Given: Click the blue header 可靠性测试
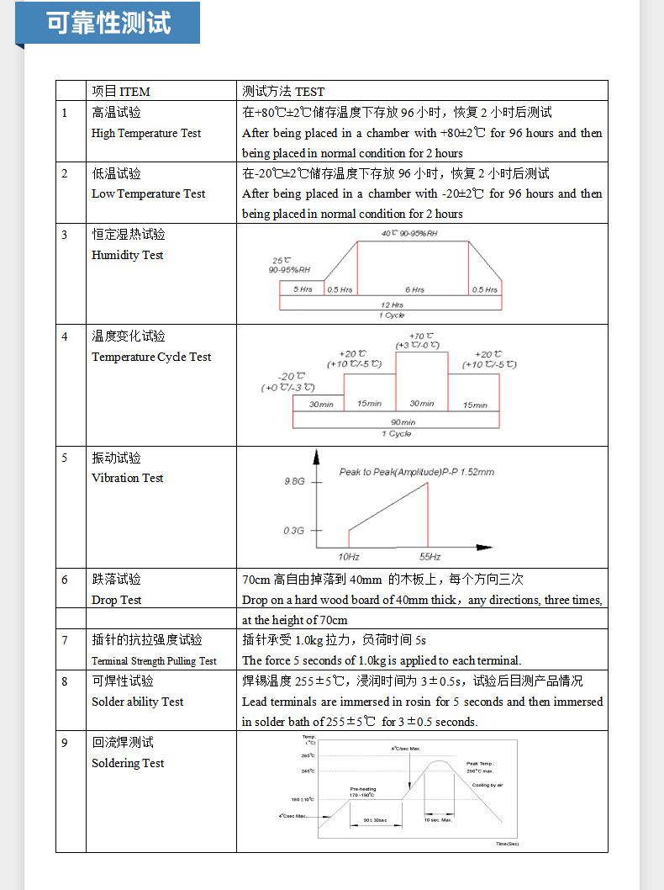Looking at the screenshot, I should (x=108, y=23).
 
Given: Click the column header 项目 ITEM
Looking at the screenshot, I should (x=121, y=91).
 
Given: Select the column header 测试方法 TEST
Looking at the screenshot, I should (x=282, y=91).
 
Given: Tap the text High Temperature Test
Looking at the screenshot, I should (x=146, y=133).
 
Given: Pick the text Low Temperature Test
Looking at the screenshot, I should (x=148, y=193).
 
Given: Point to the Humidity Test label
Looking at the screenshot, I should (x=128, y=255).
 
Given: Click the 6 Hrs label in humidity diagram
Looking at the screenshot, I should (x=414, y=289).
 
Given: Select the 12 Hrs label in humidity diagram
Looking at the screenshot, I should (x=392, y=305).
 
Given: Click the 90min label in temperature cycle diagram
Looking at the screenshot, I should (x=403, y=421).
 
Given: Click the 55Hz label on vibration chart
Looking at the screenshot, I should (x=429, y=557).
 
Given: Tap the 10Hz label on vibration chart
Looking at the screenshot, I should (x=349, y=557).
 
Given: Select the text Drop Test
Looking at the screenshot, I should (x=116, y=600).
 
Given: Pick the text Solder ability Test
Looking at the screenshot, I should (x=137, y=702).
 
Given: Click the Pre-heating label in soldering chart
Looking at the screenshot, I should (x=362, y=789).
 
